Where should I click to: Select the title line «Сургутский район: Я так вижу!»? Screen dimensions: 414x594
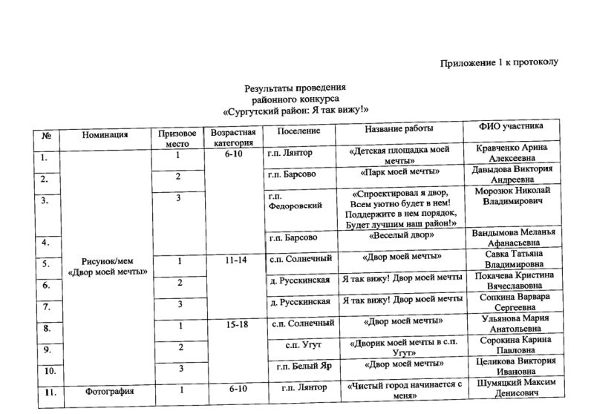point(296,111)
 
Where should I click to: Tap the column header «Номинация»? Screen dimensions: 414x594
point(105,134)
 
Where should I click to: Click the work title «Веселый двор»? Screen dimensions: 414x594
point(398,237)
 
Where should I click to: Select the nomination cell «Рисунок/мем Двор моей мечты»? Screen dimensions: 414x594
point(108,266)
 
